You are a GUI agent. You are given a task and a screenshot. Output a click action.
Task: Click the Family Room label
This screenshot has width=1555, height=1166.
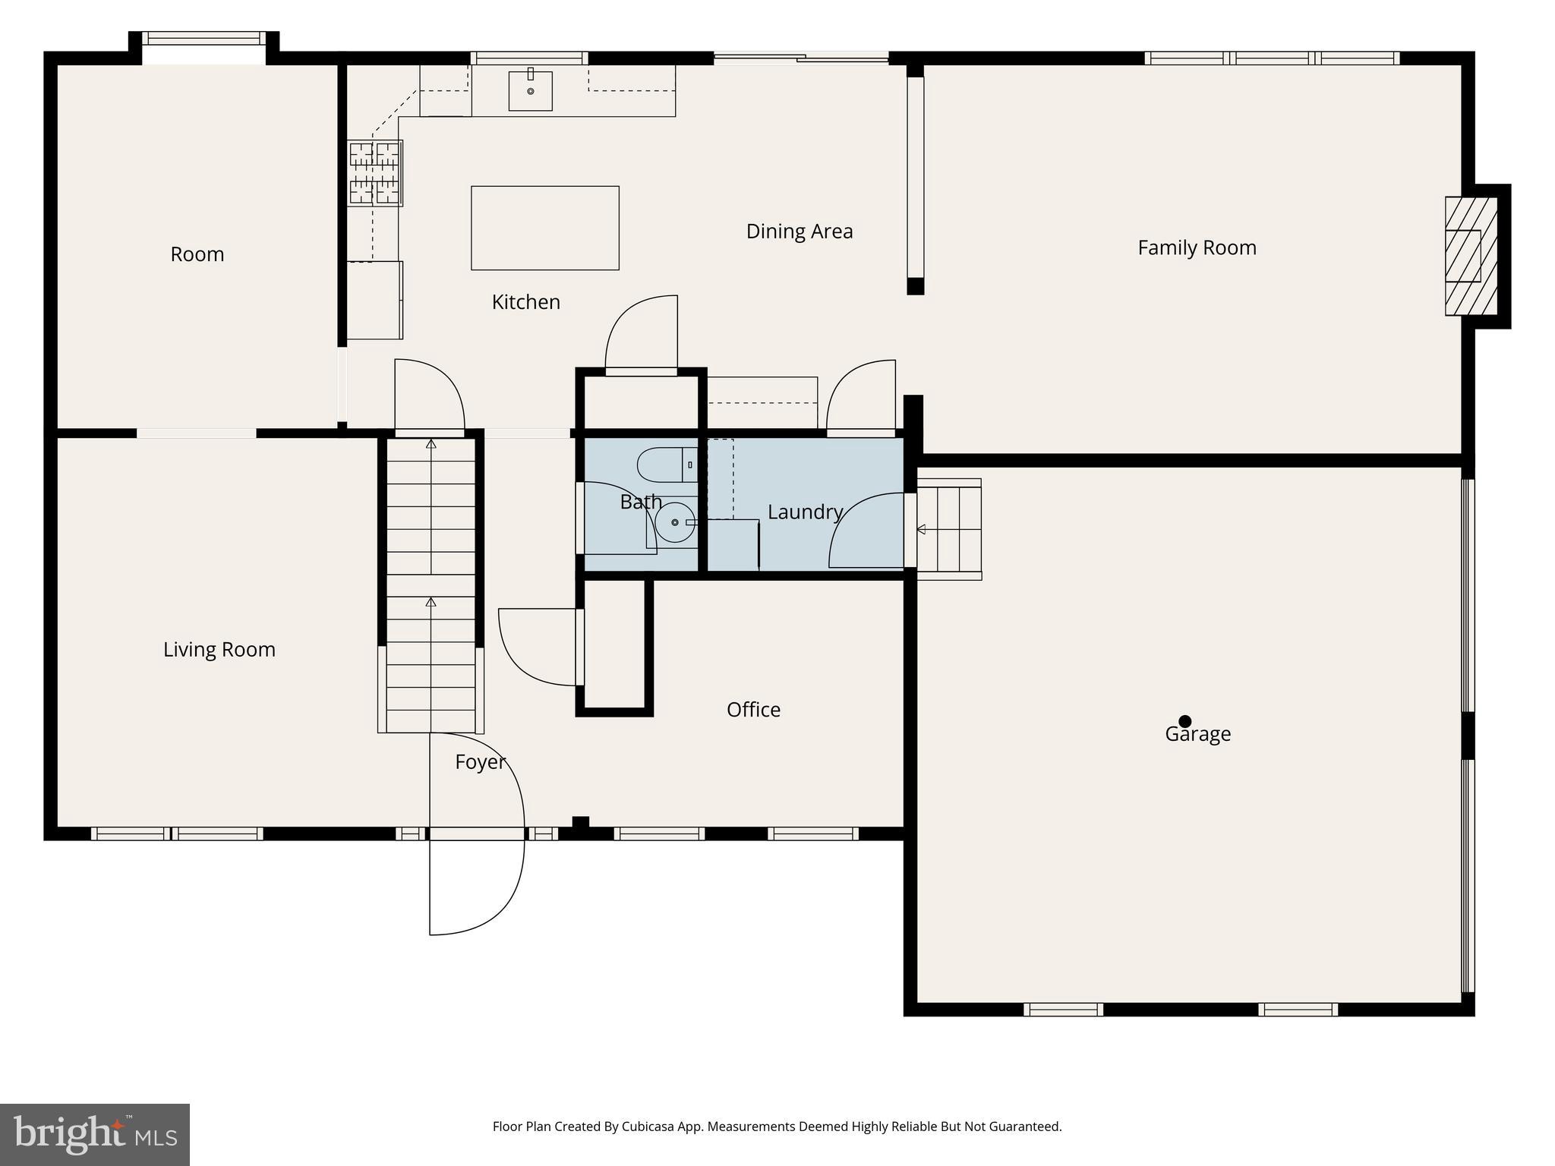pos(1197,248)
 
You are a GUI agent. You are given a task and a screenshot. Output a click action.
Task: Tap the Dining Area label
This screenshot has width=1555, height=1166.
pos(799,232)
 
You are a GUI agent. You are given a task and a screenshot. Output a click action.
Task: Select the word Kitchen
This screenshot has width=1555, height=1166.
pos(525,302)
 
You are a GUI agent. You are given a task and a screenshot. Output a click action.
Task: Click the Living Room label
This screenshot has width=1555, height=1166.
pos(219,650)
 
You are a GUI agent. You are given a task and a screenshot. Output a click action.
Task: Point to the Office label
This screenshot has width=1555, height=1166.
pos(753,710)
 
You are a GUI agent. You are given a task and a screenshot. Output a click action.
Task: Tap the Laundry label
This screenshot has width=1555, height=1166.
pos(805,512)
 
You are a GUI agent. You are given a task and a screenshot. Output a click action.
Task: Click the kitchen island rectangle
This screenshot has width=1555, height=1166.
pos(544,228)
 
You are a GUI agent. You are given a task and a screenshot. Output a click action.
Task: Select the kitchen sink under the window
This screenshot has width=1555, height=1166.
pos(530,90)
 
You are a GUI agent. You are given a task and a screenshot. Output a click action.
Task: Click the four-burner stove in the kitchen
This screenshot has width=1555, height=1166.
pos(375,173)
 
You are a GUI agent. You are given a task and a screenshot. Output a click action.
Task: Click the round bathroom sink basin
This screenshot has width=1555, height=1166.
pos(674,522)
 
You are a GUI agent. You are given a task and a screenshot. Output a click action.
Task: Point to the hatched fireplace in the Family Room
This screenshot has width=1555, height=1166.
pos(1470,256)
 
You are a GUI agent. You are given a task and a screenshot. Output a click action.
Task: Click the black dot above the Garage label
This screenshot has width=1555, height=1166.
pos(1184,721)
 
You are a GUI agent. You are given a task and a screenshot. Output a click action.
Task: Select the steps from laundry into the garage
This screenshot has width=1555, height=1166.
pos(949,529)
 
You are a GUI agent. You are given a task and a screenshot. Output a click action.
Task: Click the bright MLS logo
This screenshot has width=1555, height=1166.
pos(94,1134)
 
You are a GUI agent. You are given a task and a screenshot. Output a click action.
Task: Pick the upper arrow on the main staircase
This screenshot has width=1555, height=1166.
pos(431,444)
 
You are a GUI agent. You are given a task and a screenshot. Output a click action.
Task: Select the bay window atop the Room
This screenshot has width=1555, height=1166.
pos(203,39)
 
